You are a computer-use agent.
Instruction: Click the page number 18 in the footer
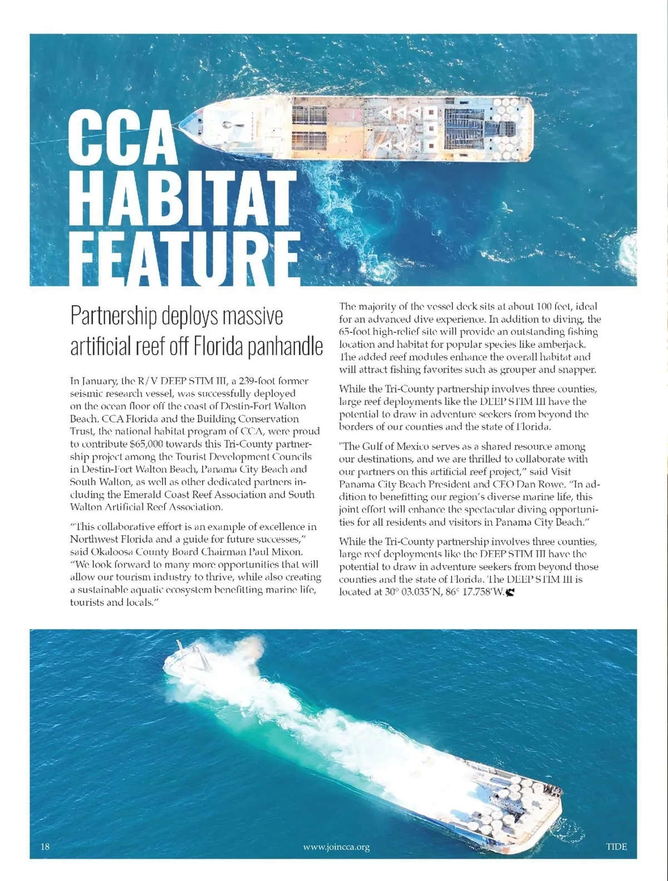coord(45,847)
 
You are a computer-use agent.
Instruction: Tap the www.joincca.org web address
coord(336,847)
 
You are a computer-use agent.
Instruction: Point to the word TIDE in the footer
coord(616,847)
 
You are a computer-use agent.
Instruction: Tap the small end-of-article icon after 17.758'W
coord(510,592)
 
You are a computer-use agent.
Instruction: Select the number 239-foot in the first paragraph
coord(253,381)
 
